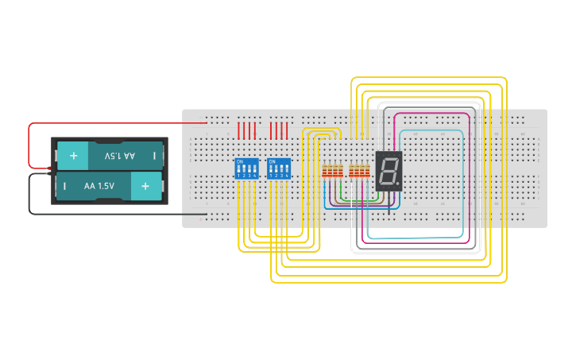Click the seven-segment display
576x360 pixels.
pyautogui.click(x=389, y=170)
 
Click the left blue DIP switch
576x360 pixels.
pyautogui.click(x=246, y=168)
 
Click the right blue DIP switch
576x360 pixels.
pyautogui.click(x=279, y=168)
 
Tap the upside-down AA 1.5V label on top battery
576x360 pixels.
pyautogui.click(x=119, y=156)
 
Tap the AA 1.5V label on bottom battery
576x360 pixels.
pyautogui.click(x=99, y=186)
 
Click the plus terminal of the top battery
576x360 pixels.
pyautogui.click(x=73, y=156)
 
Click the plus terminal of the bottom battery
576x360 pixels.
pyautogui.click(x=145, y=186)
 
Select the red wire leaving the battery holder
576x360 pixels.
pyautogui.click(x=30, y=143)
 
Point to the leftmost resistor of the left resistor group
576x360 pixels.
pyautogui.click(x=323, y=171)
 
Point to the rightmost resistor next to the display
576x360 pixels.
pyautogui.click(x=368, y=171)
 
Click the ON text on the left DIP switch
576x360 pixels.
pyautogui.click(x=240, y=161)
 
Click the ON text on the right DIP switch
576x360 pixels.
pyautogui.click(x=273, y=161)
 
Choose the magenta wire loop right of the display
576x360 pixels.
pyautogui.click(x=469, y=175)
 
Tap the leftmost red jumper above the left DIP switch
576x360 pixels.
pyautogui.click(x=239, y=130)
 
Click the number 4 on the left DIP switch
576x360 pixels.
pyautogui.click(x=254, y=175)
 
